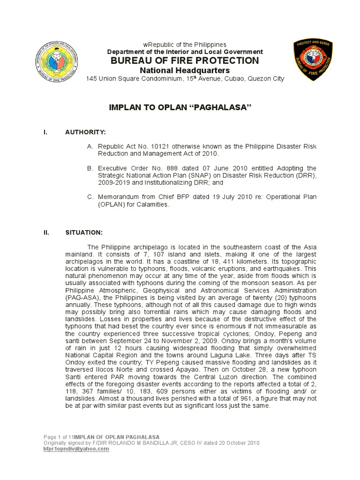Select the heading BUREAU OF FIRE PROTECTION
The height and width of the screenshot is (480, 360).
[x=185, y=60]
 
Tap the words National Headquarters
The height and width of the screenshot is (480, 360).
[x=185, y=70]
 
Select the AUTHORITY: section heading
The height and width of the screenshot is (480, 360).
[x=85, y=133]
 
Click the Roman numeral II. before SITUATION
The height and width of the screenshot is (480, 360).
[x=46, y=232]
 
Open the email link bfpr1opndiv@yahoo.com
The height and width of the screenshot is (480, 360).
[x=76, y=449]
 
